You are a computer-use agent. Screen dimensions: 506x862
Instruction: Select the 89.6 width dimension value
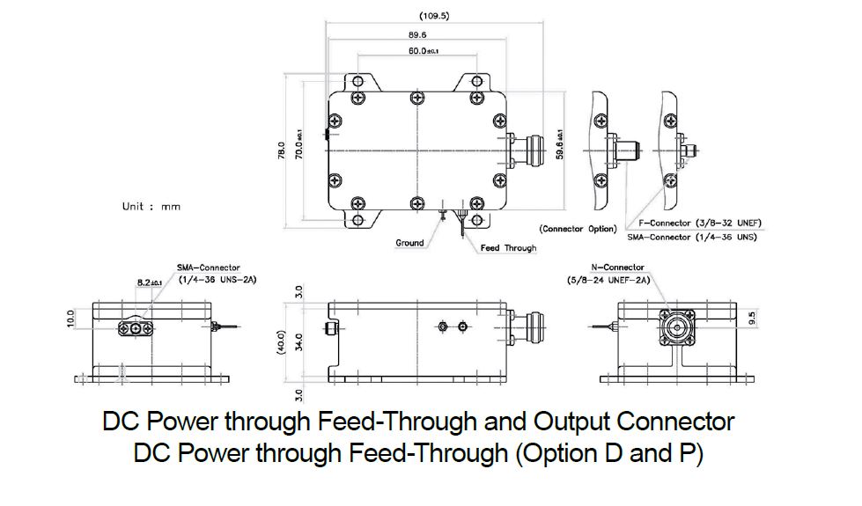click(417, 34)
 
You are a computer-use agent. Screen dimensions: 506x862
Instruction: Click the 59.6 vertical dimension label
click(558, 143)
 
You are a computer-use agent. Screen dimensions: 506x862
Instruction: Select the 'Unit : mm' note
click(151, 207)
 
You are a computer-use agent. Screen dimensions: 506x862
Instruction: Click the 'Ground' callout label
click(409, 243)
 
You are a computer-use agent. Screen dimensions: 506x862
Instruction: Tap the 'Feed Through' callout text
click(508, 248)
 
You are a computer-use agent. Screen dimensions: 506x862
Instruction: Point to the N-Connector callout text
click(617, 268)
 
